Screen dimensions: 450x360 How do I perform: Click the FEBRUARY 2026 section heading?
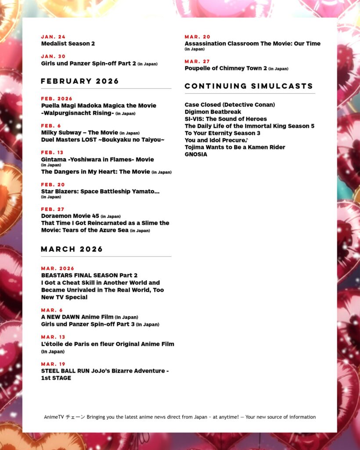click(x=80, y=81)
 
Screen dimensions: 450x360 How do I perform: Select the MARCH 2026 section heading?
click(x=72, y=249)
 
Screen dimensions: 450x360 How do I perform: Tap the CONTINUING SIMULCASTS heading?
click(x=249, y=86)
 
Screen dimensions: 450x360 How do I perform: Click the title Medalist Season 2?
click(x=68, y=44)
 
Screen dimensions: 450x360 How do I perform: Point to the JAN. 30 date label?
click(x=53, y=56)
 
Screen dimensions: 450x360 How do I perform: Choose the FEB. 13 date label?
click(x=52, y=152)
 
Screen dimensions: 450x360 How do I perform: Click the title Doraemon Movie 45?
click(x=70, y=216)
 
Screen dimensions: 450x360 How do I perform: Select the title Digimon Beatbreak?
click(x=213, y=112)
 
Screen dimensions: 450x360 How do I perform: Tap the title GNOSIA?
click(x=196, y=154)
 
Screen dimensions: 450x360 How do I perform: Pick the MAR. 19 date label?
click(x=53, y=364)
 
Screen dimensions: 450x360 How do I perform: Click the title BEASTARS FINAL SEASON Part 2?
click(x=89, y=276)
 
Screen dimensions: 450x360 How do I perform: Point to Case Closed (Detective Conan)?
click(x=230, y=105)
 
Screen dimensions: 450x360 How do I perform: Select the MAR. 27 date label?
click(x=197, y=62)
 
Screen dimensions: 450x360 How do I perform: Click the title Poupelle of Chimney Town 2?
click(x=226, y=68)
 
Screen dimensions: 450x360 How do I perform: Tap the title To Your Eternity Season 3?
click(x=223, y=133)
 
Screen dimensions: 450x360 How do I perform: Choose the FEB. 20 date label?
click(x=53, y=185)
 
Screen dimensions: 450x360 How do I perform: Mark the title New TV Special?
click(x=64, y=297)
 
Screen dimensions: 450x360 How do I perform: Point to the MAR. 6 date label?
click(x=52, y=310)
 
